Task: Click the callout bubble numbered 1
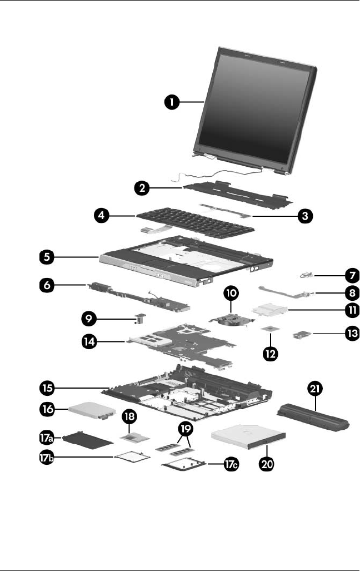(x=174, y=102)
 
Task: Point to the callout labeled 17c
(x=227, y=466)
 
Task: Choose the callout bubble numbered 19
(x=186, y=429)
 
